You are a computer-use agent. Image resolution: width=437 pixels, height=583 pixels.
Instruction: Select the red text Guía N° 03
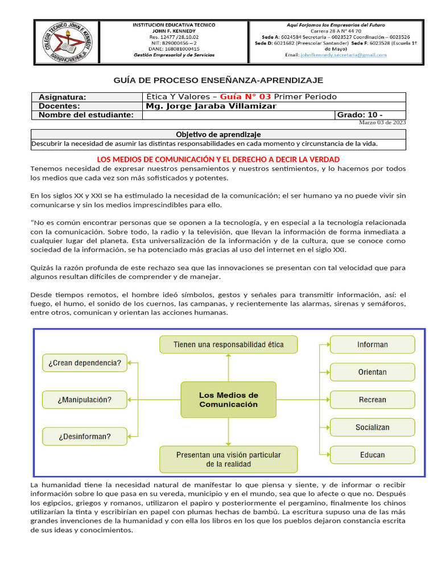coord(245,96)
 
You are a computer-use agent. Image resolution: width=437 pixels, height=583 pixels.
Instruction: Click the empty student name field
coord(238,115)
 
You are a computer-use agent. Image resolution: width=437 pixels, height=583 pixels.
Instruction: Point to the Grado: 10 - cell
coord(370,115)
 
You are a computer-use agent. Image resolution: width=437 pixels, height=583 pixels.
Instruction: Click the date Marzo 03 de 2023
coord(382,122)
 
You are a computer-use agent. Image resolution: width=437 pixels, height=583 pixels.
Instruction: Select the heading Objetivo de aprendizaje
coord(218,134)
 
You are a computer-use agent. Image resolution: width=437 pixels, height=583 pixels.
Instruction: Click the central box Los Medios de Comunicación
coord(228,399)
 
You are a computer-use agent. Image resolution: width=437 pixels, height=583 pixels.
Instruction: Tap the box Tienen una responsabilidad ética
coord(228,344)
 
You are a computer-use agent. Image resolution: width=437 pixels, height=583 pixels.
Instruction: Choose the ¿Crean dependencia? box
coord(85,363)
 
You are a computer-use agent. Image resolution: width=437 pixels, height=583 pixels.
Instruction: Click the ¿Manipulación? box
coord(85,400)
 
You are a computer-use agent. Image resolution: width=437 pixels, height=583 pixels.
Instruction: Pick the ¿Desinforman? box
coord(85,437)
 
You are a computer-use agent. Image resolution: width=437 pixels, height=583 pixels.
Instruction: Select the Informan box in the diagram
coord(372,344)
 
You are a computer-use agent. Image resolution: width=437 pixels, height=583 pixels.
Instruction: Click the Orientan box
coord(372,372)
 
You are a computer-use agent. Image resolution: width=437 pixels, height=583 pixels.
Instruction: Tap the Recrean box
coord(372,400)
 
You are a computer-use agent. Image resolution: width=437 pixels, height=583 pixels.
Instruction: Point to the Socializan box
coord(372,427)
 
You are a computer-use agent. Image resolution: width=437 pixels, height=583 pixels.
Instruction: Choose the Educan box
coord(372,454)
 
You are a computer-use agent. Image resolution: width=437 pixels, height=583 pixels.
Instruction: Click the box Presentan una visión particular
coord(228,459)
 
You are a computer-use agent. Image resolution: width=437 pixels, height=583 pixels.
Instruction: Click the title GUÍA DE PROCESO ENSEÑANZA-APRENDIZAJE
coord(218,80)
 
